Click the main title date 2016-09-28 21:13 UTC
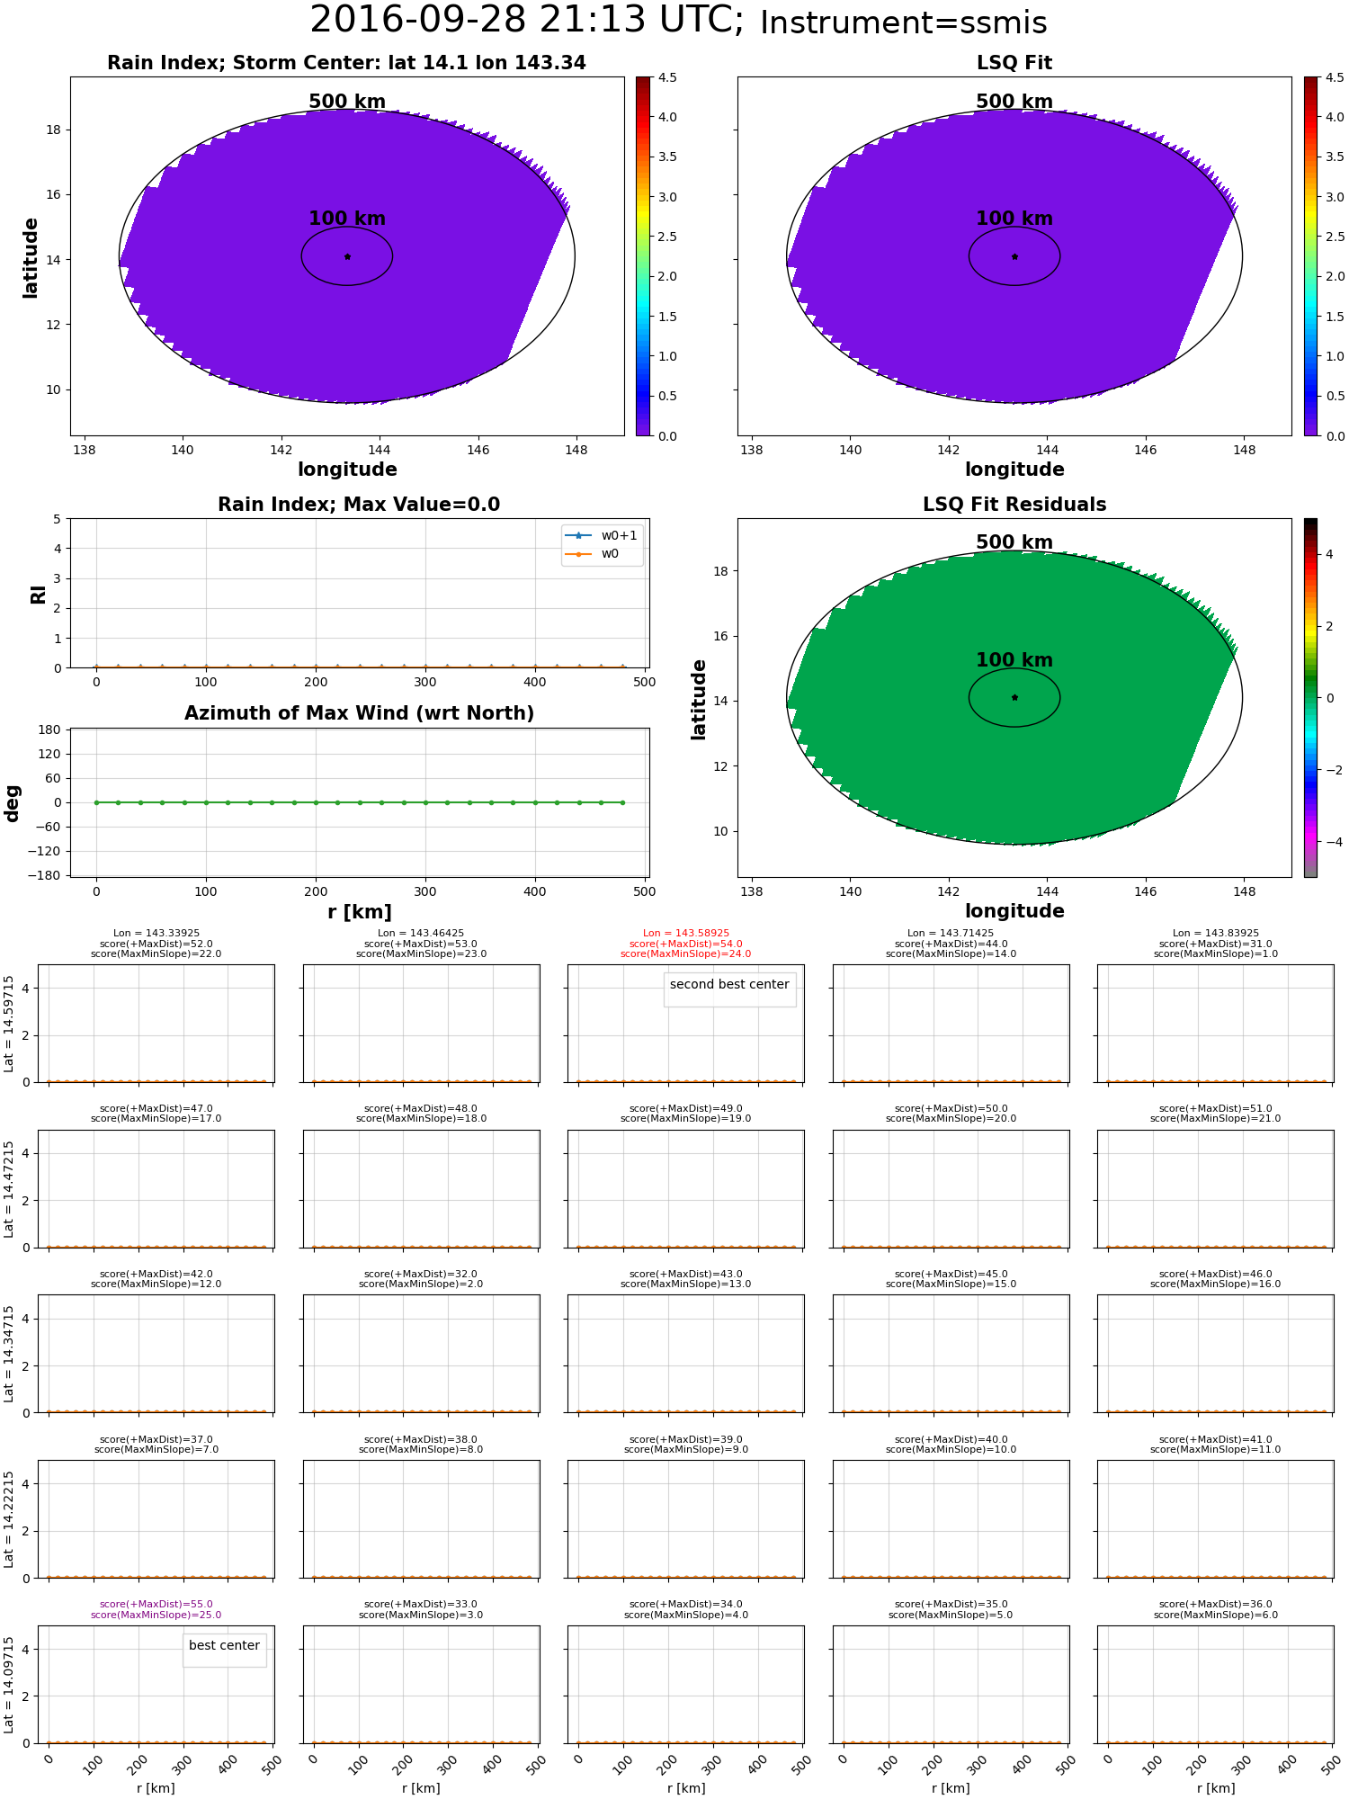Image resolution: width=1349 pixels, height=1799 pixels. pos(526,21)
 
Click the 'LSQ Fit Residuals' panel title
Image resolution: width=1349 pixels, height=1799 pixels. pos(1014,505)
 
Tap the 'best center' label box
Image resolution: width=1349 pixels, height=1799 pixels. pos(224,1645)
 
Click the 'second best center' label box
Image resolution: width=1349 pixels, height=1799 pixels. pos(729,985)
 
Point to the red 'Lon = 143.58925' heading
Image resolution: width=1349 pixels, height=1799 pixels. pos(685,934)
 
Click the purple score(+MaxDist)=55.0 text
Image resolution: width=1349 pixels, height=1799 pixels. pos(156,1605)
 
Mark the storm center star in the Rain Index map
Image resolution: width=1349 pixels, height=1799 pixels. pos(347,256)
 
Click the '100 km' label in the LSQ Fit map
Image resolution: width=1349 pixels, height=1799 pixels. pos(1014,219)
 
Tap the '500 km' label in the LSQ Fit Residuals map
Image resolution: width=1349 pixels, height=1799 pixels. pos(1014,542)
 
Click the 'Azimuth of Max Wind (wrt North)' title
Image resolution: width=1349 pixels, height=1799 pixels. pos(359,713)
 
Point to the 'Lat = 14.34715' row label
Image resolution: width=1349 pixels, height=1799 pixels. pos(9,1354)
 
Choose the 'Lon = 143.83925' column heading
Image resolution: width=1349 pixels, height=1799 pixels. pos(1215,934)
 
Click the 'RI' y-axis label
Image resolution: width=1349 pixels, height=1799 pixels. pos(38,595)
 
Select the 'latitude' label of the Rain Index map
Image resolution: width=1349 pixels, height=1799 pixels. pos(31,257)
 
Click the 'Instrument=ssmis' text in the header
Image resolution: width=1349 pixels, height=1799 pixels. pos(903,23)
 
